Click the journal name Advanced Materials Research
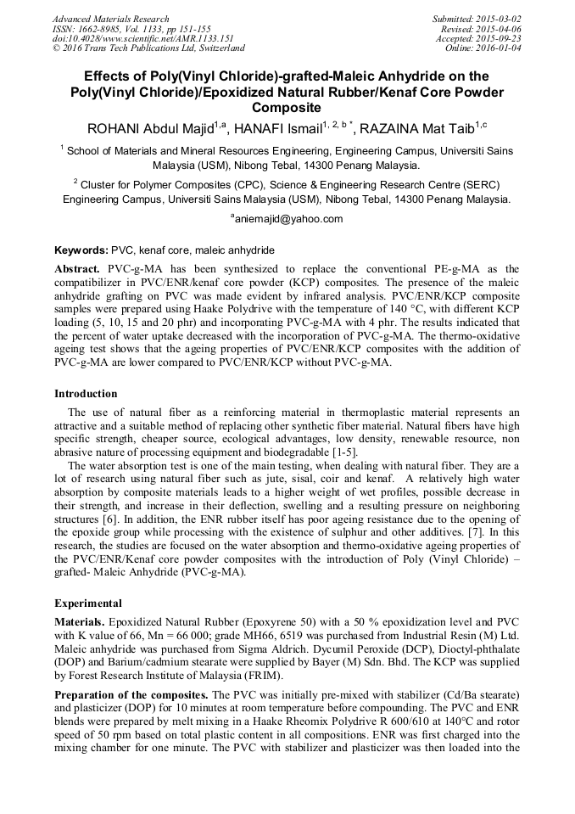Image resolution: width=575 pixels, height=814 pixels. click(110, 19)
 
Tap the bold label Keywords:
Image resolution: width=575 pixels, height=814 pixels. click(81, 251)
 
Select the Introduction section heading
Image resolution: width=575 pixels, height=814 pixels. click(86, 394)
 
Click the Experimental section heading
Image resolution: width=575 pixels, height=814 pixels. click(88, 603)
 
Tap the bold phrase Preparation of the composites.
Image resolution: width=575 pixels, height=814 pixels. click(131, 695)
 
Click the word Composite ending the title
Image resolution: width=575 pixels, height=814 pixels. click(287, 108)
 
